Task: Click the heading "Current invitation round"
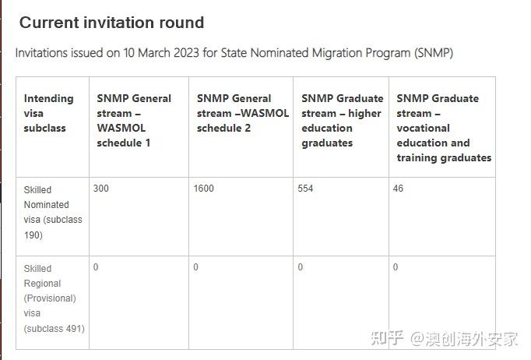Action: pos(112,23)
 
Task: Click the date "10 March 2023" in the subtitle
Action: pos(161,53)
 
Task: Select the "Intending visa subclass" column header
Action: pos(49,113)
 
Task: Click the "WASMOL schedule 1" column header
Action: pos(134,121)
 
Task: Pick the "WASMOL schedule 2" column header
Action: pos(243,113)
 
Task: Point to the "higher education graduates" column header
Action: pos(343,121)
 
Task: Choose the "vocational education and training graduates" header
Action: pos(444,128)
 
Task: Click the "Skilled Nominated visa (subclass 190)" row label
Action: pos(53,212)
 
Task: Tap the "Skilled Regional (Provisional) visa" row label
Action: pos(55,298)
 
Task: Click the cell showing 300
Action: pos(101,188)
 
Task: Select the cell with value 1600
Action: pos(203,188)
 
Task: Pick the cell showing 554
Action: pos(305,188)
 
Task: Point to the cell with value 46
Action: pos(398,188)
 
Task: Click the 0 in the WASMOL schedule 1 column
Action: pos(96,267)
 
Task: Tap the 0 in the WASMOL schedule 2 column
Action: pos(195,267)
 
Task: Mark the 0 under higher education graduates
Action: pos(301,267)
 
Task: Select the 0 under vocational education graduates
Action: pos(396,267)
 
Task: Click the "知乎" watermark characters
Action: pos(388,338)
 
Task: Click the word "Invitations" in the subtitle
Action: pos(41,53)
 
